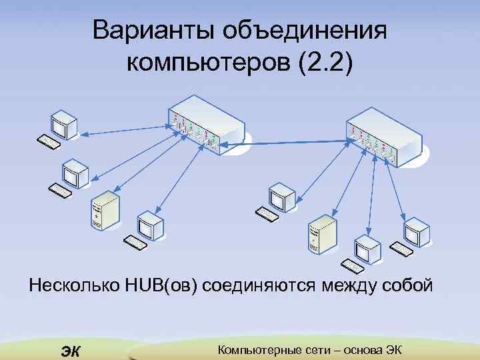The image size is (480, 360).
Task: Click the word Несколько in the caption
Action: [74, 287]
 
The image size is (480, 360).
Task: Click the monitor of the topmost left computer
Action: [63, 120]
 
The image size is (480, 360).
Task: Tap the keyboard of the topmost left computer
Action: [48, 141]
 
